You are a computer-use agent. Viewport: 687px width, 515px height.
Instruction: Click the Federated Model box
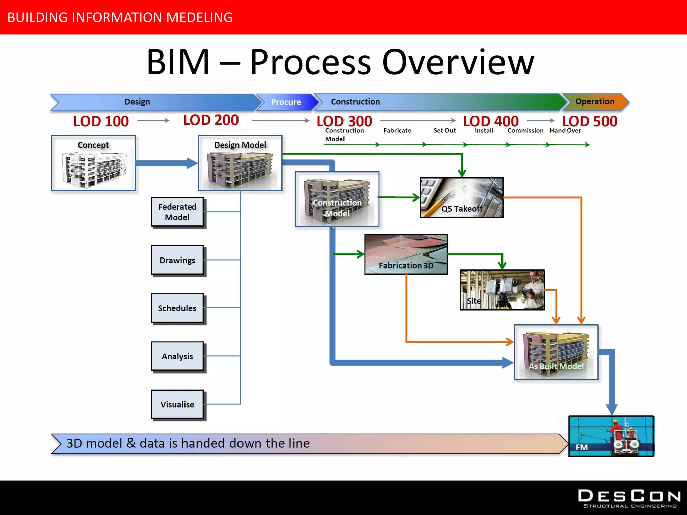click(x=177, y=212)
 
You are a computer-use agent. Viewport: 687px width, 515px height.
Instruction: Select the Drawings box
click(x=177, y=260)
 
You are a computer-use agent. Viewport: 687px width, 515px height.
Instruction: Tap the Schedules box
click(x=177, y=308)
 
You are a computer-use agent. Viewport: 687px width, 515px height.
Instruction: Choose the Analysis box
click(x=177, y=356)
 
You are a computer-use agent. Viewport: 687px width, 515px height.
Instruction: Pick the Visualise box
click(x=177, y=404)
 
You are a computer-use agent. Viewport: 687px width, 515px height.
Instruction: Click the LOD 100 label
click(x=101, y=121)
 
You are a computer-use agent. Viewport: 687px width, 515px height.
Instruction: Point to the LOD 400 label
click(x=491, y=121)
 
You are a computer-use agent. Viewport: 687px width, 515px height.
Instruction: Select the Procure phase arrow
click(x=286, y=102)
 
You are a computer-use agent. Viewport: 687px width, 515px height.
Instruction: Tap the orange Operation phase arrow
click(x=595, y=102)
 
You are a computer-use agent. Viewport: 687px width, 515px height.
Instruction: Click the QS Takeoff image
click(x=462, y=198)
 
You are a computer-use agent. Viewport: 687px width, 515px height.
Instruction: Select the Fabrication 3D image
click(x=406, y=254)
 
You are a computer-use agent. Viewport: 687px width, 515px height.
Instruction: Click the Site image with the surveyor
click(x=502, y=290)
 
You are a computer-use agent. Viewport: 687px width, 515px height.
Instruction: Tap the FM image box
click(x=611, y=436)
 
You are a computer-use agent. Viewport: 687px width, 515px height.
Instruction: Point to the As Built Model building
click(x=556, y=352)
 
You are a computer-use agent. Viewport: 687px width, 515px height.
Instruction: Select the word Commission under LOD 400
click(x=525, y=131)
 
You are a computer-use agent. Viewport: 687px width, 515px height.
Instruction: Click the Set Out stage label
click(x=444, y=131)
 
